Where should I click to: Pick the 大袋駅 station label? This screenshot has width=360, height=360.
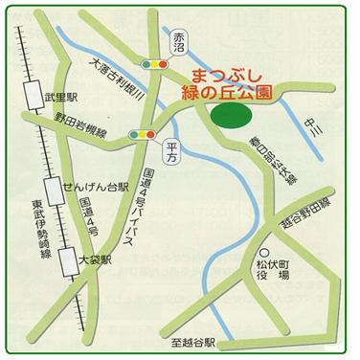pyautogui.click(x=96, y=259)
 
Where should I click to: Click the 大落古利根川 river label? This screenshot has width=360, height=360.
pyautogui.click(x=115, y=82)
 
